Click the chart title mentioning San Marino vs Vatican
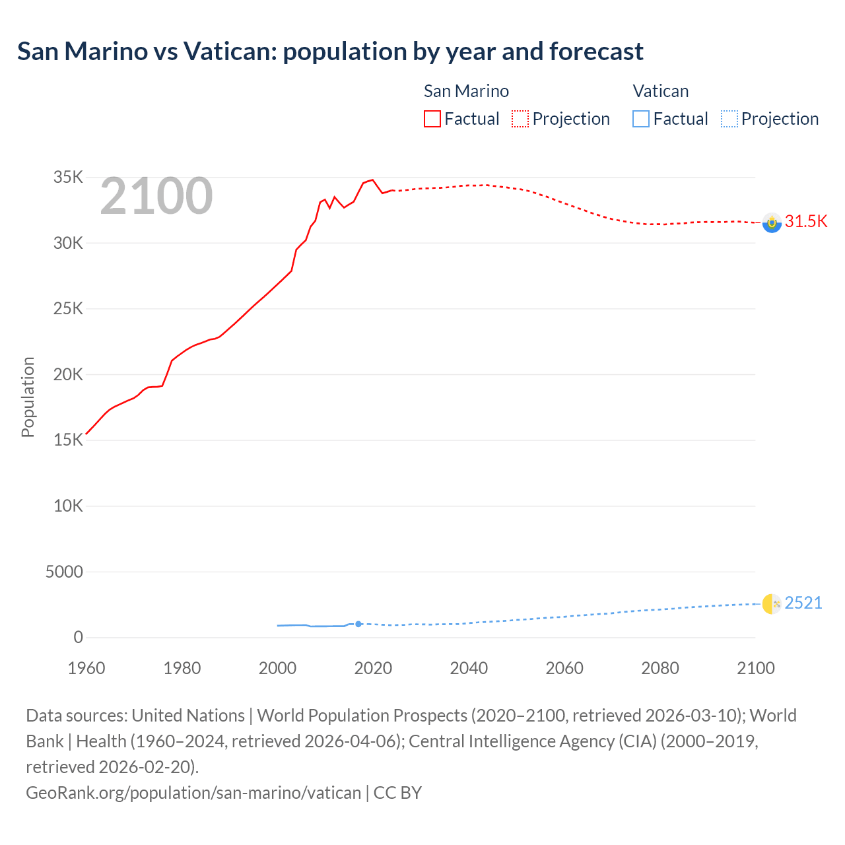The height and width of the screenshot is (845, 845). pos(330,51)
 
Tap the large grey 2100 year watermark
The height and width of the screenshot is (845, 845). pos(156,196)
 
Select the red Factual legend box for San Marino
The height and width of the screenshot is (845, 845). pos(432,119)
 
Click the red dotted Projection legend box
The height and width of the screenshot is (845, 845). pos(520,119)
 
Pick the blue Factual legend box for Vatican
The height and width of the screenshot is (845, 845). pos(640,119)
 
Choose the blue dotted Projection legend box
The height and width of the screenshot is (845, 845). pos(729,119)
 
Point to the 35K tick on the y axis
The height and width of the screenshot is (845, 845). pos(69,177)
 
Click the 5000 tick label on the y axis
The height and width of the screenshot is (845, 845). pos(64,572)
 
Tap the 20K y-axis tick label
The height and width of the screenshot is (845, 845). pos(69,374)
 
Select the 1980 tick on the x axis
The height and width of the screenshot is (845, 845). pos(182,668)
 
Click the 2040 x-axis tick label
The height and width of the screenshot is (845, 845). pos(469,668)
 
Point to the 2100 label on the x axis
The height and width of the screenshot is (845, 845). pos(755,668)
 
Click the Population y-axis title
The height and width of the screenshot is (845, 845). pos(28,397)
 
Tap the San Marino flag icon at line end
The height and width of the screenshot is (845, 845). pos(772,223)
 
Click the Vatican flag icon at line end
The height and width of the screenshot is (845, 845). pos(772,604)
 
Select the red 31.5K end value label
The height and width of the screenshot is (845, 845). pos(805,221)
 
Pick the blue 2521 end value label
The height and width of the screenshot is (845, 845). pos(803,603)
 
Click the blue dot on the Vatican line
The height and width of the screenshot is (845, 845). pos(358,624)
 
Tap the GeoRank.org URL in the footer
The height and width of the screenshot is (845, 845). pos(193,792)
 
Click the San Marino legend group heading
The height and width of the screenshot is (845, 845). pos(466,91)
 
